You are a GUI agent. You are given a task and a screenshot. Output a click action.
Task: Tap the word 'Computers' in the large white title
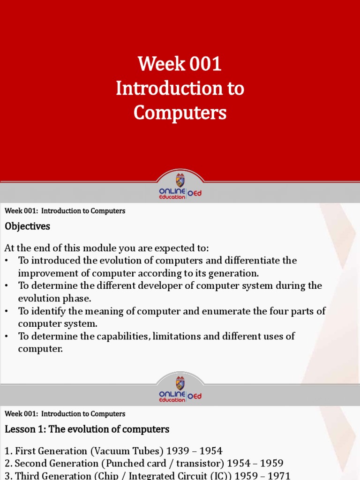tap(180, 112)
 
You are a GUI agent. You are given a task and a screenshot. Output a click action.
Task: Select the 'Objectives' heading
tap(27, 226)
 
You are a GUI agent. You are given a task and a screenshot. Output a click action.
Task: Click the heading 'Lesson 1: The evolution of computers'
tap(87, 429)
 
